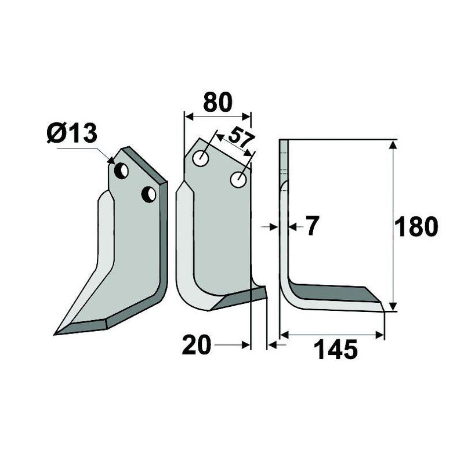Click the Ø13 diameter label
[x=72, y=135]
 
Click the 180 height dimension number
[x=416, y=227]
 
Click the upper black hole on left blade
[x=122, y=171]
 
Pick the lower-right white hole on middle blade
[x=237, y=179]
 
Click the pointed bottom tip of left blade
[x=56, y=333]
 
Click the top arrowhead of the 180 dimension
[x=394, y=144]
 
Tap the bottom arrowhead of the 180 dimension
[x=394, y=307]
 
